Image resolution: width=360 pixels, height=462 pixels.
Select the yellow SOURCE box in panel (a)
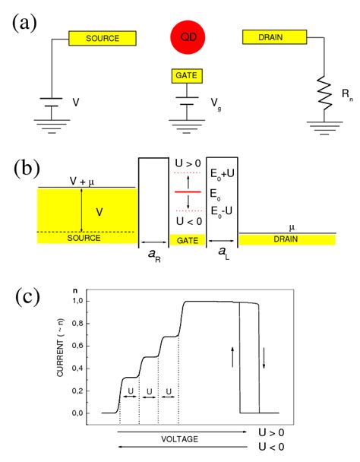click(x=103, y=38)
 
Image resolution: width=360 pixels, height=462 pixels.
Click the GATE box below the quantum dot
click(x=187, y=77)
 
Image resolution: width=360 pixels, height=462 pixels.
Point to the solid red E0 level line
click(x=187, y=193)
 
